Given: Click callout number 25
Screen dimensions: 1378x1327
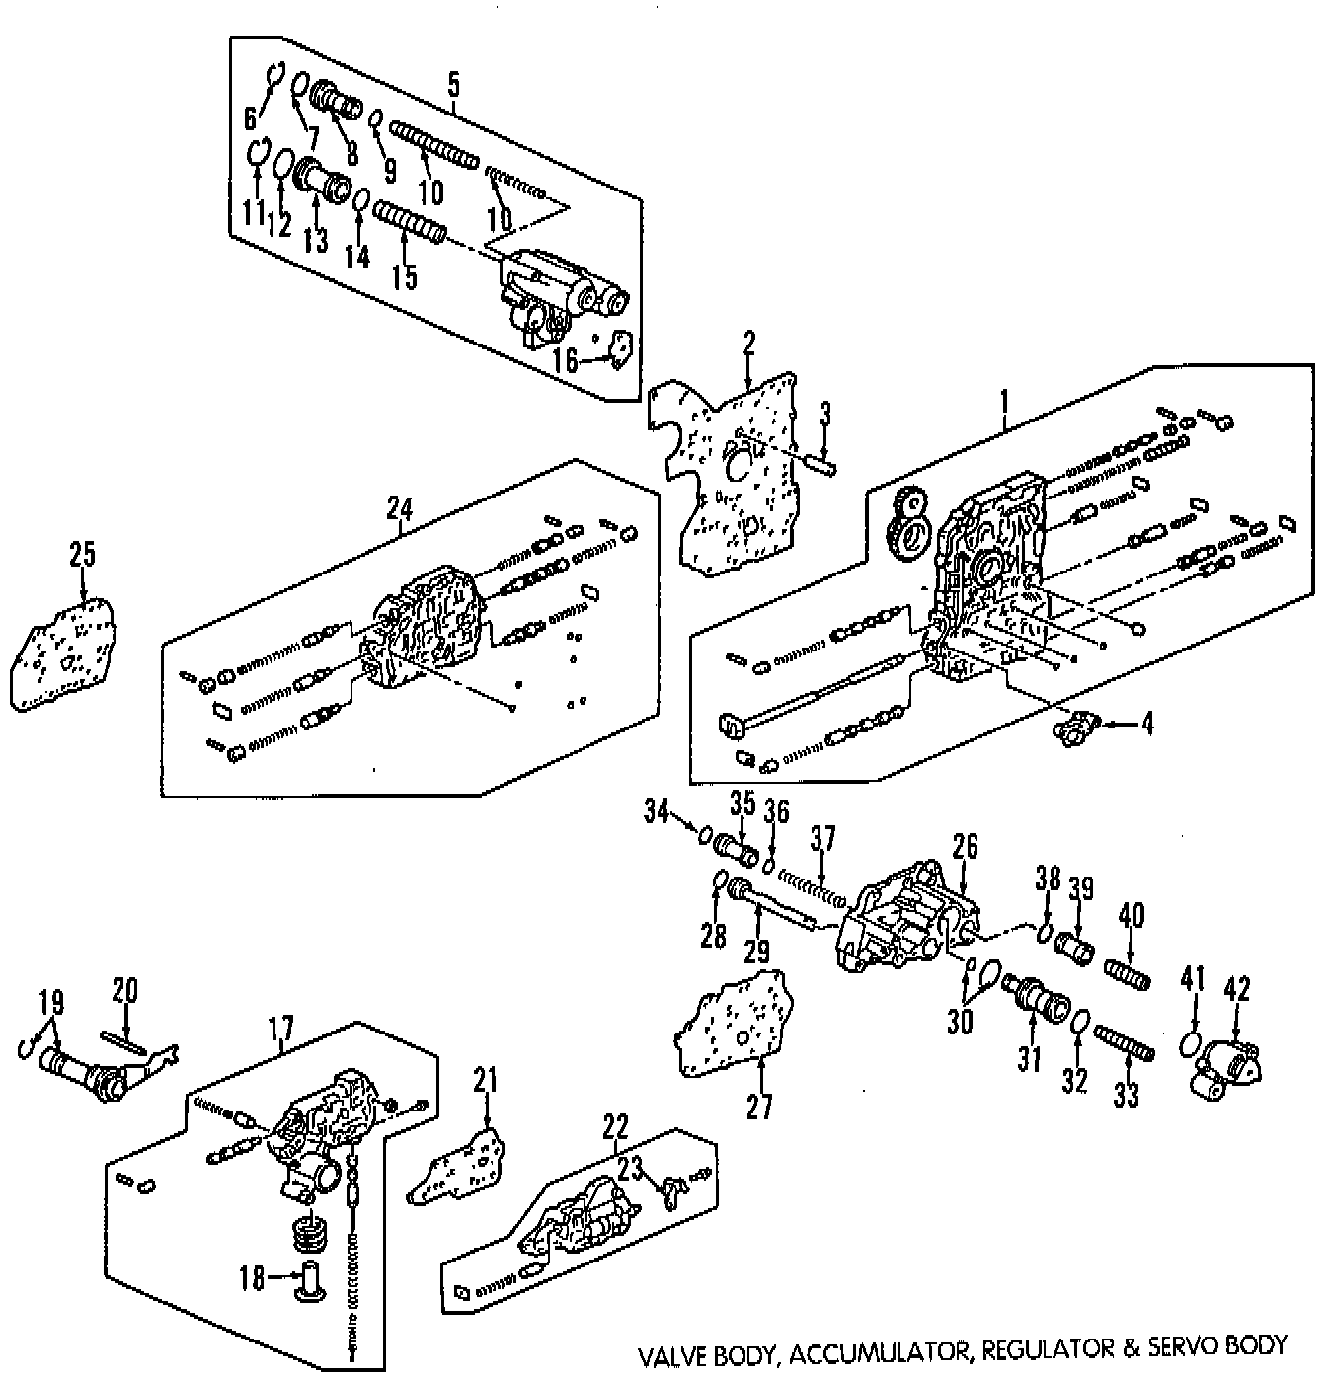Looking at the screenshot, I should [x=82, y=554].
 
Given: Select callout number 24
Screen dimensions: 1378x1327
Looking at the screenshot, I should [x=399, y=508].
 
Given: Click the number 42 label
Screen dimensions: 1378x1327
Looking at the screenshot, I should [x=1237, y=988].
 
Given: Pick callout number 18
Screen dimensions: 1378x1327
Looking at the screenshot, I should [x=253, y=1280].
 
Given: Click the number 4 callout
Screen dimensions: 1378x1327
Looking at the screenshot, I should [x=1146, y=724].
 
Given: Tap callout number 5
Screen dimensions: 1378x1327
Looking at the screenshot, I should [x=453, y=84].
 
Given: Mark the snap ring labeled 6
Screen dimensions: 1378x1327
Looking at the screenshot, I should [x=275, y=75].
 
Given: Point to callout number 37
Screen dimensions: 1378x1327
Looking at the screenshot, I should [x=822, y=840].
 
